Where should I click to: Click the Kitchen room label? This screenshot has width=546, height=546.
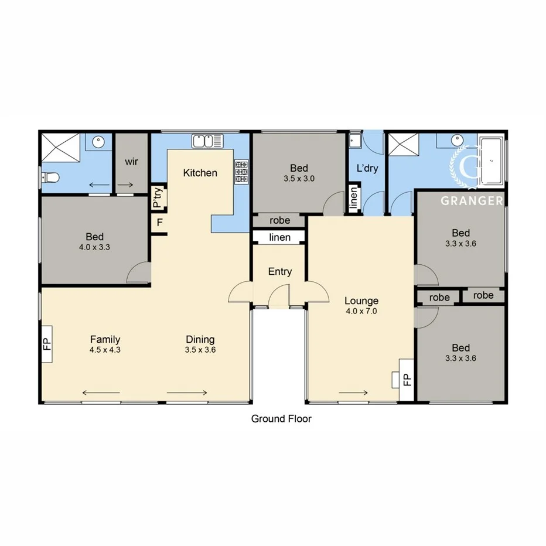tap(200, 173)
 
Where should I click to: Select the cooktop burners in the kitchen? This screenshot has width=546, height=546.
tap(241, 173)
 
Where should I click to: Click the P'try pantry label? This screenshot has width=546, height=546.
tap(158, 198)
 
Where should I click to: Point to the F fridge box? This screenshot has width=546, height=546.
tap(159, 224)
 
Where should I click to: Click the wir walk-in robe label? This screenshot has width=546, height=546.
tap(131, 162)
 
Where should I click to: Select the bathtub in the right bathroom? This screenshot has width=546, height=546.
tap(491, 158)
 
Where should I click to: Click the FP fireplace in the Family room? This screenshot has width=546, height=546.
tap(47, 343)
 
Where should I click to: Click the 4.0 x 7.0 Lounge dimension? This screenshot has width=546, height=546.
tap(361, 312)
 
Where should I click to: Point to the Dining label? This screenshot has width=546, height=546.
tap(200, 339)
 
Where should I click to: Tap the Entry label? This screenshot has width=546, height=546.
tap(279, 272)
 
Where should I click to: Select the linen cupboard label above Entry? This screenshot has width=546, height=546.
tap(279, 237)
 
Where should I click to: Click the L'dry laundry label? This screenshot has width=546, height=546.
tap(367, 168)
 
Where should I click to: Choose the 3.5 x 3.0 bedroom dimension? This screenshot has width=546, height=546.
tap(299, 179)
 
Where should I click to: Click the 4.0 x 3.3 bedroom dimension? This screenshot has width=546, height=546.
tap(94, 247)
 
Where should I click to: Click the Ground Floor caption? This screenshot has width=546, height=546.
tap(281, 419)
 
